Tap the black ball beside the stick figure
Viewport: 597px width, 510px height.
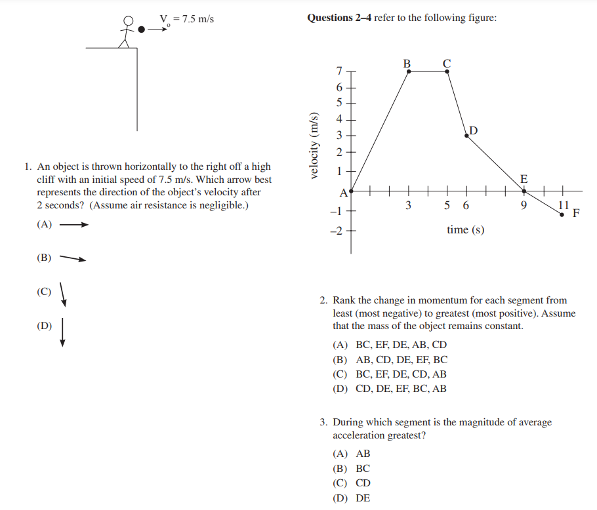142,29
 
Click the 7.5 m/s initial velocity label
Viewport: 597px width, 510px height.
187,19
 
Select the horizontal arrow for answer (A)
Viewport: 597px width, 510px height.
73,225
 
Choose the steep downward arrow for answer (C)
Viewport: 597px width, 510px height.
62,294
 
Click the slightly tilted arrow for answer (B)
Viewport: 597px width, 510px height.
73,258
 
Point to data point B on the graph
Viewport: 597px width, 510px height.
409,71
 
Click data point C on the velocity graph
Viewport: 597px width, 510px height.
447,71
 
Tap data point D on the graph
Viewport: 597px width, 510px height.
467,134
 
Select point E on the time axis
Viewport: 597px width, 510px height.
524,191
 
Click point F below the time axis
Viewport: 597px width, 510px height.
562,214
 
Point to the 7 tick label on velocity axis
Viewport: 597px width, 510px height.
339,71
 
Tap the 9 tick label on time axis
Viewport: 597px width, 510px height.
524,205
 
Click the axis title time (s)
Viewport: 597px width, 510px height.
465,229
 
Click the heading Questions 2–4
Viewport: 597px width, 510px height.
339,18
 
